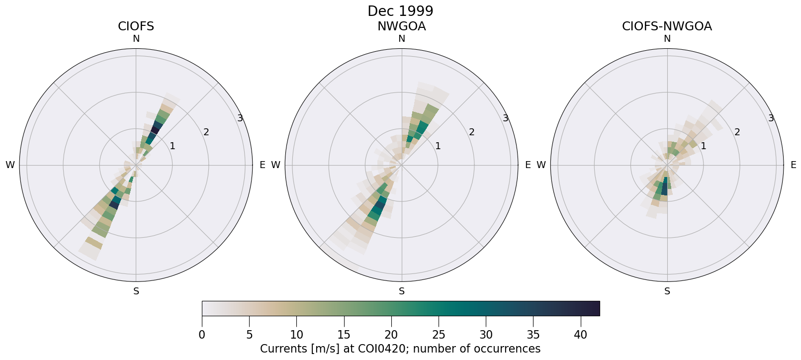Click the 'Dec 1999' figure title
click(x=400, y=11)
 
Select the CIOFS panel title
click(x=136, y=26)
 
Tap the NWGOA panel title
click(x=401, y=26)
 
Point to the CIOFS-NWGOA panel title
click(x=667, y=26)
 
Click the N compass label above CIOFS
click(x=136, y=39)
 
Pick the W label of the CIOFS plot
click(x=10, y=165)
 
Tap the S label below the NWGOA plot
click(x=402, y=291)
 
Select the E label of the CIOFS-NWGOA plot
click(x=793, y=165)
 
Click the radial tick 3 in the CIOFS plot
click(x=240, y=118)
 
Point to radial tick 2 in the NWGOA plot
click(x=471, y=132)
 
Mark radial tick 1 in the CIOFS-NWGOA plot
click(x=703, y=146)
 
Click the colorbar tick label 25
click(x=439, y=335)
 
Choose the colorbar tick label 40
click(x=580, y=335)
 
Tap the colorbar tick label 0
click(x=202, y=335)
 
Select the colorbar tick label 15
click(x=344, y=335)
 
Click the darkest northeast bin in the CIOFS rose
click(x=155, y=130)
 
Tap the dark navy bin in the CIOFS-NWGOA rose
click(x=665, y=189)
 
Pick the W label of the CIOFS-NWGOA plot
click(x=541, y=165)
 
